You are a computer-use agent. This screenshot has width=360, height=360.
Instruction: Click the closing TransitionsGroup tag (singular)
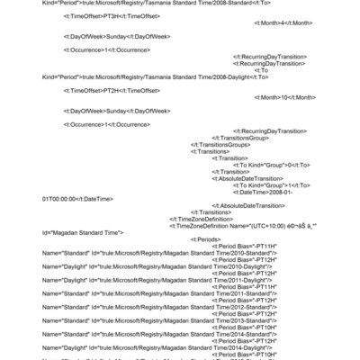[239, 138]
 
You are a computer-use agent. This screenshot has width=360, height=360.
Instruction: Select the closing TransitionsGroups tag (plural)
[220, 144]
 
